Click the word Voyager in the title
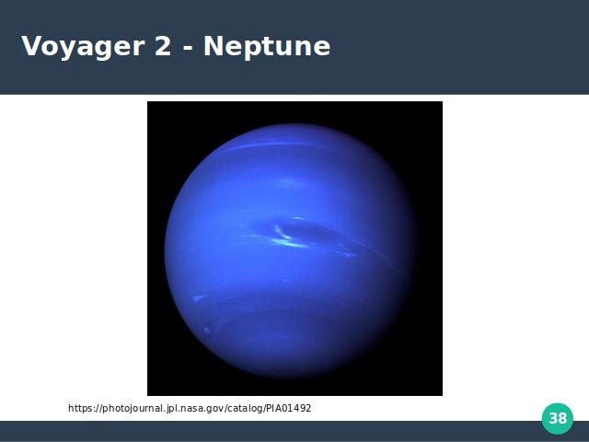click(x=83, y=47)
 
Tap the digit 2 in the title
click(x=163, y=46)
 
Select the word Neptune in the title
click(x=267, y=47)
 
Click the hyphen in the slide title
click(x=188, y=49)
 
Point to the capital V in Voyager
click(x=33, y=46)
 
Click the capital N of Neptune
click(x=214, y=46)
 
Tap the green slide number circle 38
click(x=558, y=418)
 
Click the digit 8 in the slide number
click(x=562, y=418)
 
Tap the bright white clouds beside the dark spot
click(x=287, y=239)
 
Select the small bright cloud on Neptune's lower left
click(x=198, y=298)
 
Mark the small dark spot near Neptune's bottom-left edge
click(x=207, y=330)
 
